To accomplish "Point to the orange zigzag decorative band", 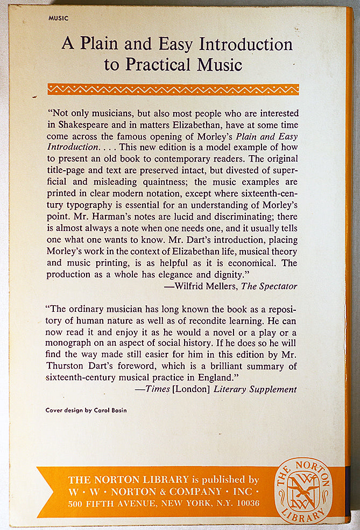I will (x=173, y=89).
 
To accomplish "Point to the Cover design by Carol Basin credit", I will (x=86, y=410).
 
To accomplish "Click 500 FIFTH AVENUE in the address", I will (x=108, y=503).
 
